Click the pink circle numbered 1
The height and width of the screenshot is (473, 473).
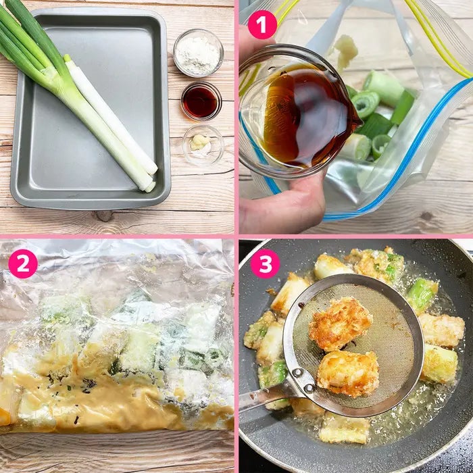(262, 24)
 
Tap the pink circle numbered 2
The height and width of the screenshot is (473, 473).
(23, 264)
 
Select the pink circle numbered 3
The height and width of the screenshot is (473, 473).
(265, 264)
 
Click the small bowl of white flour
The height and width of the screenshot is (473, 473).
(198, 53)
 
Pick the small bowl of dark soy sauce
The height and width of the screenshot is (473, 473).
(201, 101)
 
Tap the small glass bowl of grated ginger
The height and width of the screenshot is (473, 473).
(203, 145)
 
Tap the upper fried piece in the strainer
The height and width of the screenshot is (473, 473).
(340, 324)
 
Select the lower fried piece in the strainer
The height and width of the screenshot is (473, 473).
(348, 373)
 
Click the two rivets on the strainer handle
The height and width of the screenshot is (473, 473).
(303, 380)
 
